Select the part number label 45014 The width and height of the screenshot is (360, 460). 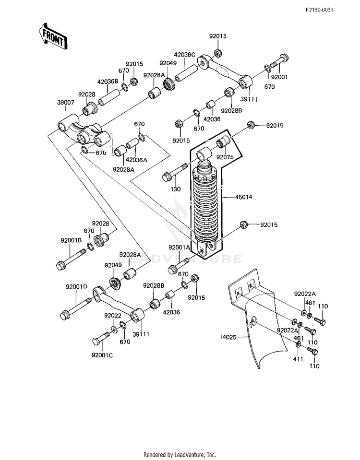click(x=243, y=197)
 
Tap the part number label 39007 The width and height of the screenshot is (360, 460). click(x=65, y=103)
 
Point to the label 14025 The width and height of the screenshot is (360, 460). click(x=228, y=337)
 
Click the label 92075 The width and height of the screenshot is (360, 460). click(x=225, y=157)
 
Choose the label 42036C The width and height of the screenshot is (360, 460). click(x=184, y=55)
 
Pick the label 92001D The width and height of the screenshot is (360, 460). click(x=76, y=287)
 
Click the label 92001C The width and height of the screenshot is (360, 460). click(x=102, y=355)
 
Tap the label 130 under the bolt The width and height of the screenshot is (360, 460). click(x=176, y=189)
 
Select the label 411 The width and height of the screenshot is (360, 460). click(x=298, y=359)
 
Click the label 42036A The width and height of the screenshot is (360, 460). click(x=136, y=160)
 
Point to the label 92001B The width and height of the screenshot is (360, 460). click(x=71, y=240)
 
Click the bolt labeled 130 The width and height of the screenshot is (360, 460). click(x=175, y=172)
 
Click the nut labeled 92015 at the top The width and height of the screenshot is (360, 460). click(x=217, y=53)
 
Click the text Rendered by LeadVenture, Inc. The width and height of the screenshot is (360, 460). click(x=180, y=455)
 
